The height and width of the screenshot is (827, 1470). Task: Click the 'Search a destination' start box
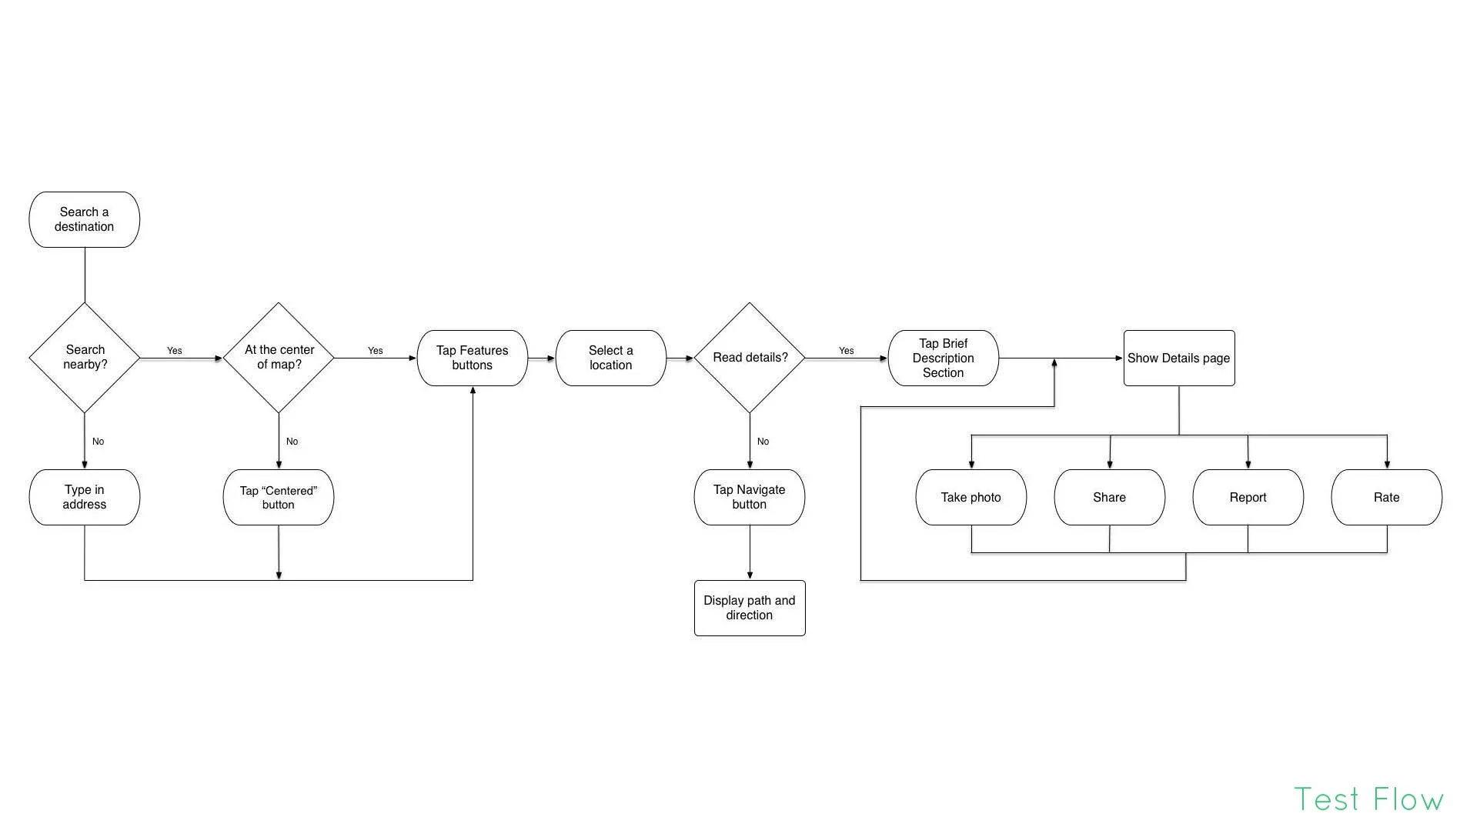(x=84, y=219)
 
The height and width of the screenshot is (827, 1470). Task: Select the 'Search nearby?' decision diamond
(x=85, y=357)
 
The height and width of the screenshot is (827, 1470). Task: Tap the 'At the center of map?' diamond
(x=279, y=357)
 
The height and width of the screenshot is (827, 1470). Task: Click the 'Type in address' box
(x=84, y=497)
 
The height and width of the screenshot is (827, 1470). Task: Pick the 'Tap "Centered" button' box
(x=278, y=497)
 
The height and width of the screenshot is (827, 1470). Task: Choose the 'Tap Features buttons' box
(x=472, y=358)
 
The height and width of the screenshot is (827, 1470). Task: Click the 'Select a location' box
(x=610, y=358)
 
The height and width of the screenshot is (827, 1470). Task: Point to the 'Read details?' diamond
(x=750, y=357)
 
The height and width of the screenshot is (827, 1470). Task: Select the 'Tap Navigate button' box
(x=749, y=497)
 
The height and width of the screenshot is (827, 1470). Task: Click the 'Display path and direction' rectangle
(x=749, y=608)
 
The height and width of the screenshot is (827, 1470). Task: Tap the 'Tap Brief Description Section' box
(x=943, y=358)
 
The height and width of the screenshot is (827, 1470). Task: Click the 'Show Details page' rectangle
(x=1178, y=358)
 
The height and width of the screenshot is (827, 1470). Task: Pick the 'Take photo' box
(x=971, y=497)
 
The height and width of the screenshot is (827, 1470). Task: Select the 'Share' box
(x=1109, y=497)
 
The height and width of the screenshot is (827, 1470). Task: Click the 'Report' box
(x=1248, y=497)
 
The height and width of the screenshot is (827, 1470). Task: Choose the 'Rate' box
(x=1386, y=497)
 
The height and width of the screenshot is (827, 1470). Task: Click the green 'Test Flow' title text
(x=1368, y=799)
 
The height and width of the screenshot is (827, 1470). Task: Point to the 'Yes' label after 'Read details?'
(x=846, y=351)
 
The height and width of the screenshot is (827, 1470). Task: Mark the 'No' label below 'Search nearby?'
(x=98, y=442)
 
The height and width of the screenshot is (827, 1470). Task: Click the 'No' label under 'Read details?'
(x=763, y=442)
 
